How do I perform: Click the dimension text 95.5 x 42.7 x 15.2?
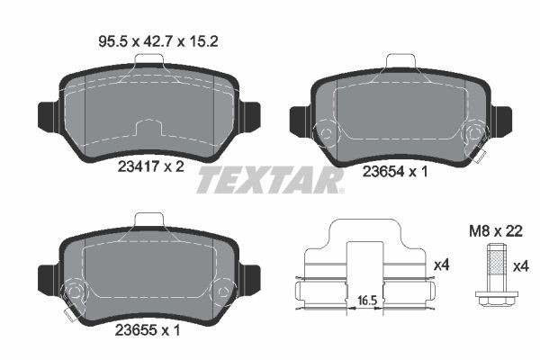pos(148,40)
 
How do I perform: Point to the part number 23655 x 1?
pos(148,329)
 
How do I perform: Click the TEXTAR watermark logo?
pos(270,180)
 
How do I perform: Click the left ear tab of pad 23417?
pos(46,115)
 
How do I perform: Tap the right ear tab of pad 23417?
pos(251,115)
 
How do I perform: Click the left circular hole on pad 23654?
pos(323,134)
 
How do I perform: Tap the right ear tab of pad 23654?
pos(500,119)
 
